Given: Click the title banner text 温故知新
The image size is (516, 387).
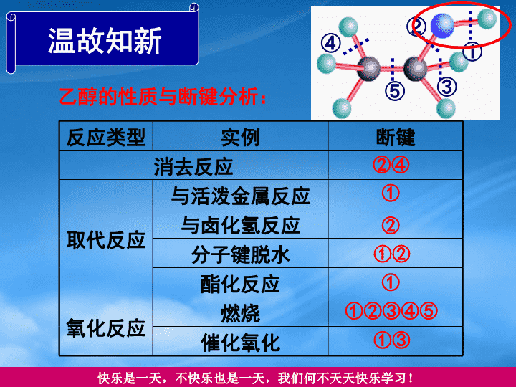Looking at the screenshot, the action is [105, 40].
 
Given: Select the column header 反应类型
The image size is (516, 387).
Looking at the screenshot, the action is [106, 137].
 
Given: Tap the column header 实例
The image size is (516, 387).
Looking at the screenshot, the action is [241, 137].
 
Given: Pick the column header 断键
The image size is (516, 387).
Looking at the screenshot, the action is [396, 137].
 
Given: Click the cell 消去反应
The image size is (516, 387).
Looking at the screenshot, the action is [193, 166].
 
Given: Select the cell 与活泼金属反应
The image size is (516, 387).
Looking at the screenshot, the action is [240, 196].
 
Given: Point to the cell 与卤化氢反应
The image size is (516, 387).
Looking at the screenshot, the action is [240, 225].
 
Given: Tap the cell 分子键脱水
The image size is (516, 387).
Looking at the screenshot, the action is [240, 254].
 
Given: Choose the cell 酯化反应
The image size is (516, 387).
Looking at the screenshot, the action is [240, 284].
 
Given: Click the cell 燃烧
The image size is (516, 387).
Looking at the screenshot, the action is [240, 313].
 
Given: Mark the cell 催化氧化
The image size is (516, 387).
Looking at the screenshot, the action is [240, 343].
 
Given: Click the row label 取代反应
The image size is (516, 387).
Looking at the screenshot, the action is [106, 239].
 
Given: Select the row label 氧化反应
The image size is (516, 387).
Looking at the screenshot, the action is [106, 328].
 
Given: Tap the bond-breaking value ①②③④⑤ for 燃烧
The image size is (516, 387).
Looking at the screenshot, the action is [391, 311].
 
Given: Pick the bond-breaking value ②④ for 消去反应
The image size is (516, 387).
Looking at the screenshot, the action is [391, 165].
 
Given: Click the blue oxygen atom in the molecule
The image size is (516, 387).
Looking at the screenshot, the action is [442, 25].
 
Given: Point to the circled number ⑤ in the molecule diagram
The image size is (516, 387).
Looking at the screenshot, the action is [395, 91].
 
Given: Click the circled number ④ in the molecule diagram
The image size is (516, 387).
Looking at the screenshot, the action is [331, 43].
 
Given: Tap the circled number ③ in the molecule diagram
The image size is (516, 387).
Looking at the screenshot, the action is [447, 87].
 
